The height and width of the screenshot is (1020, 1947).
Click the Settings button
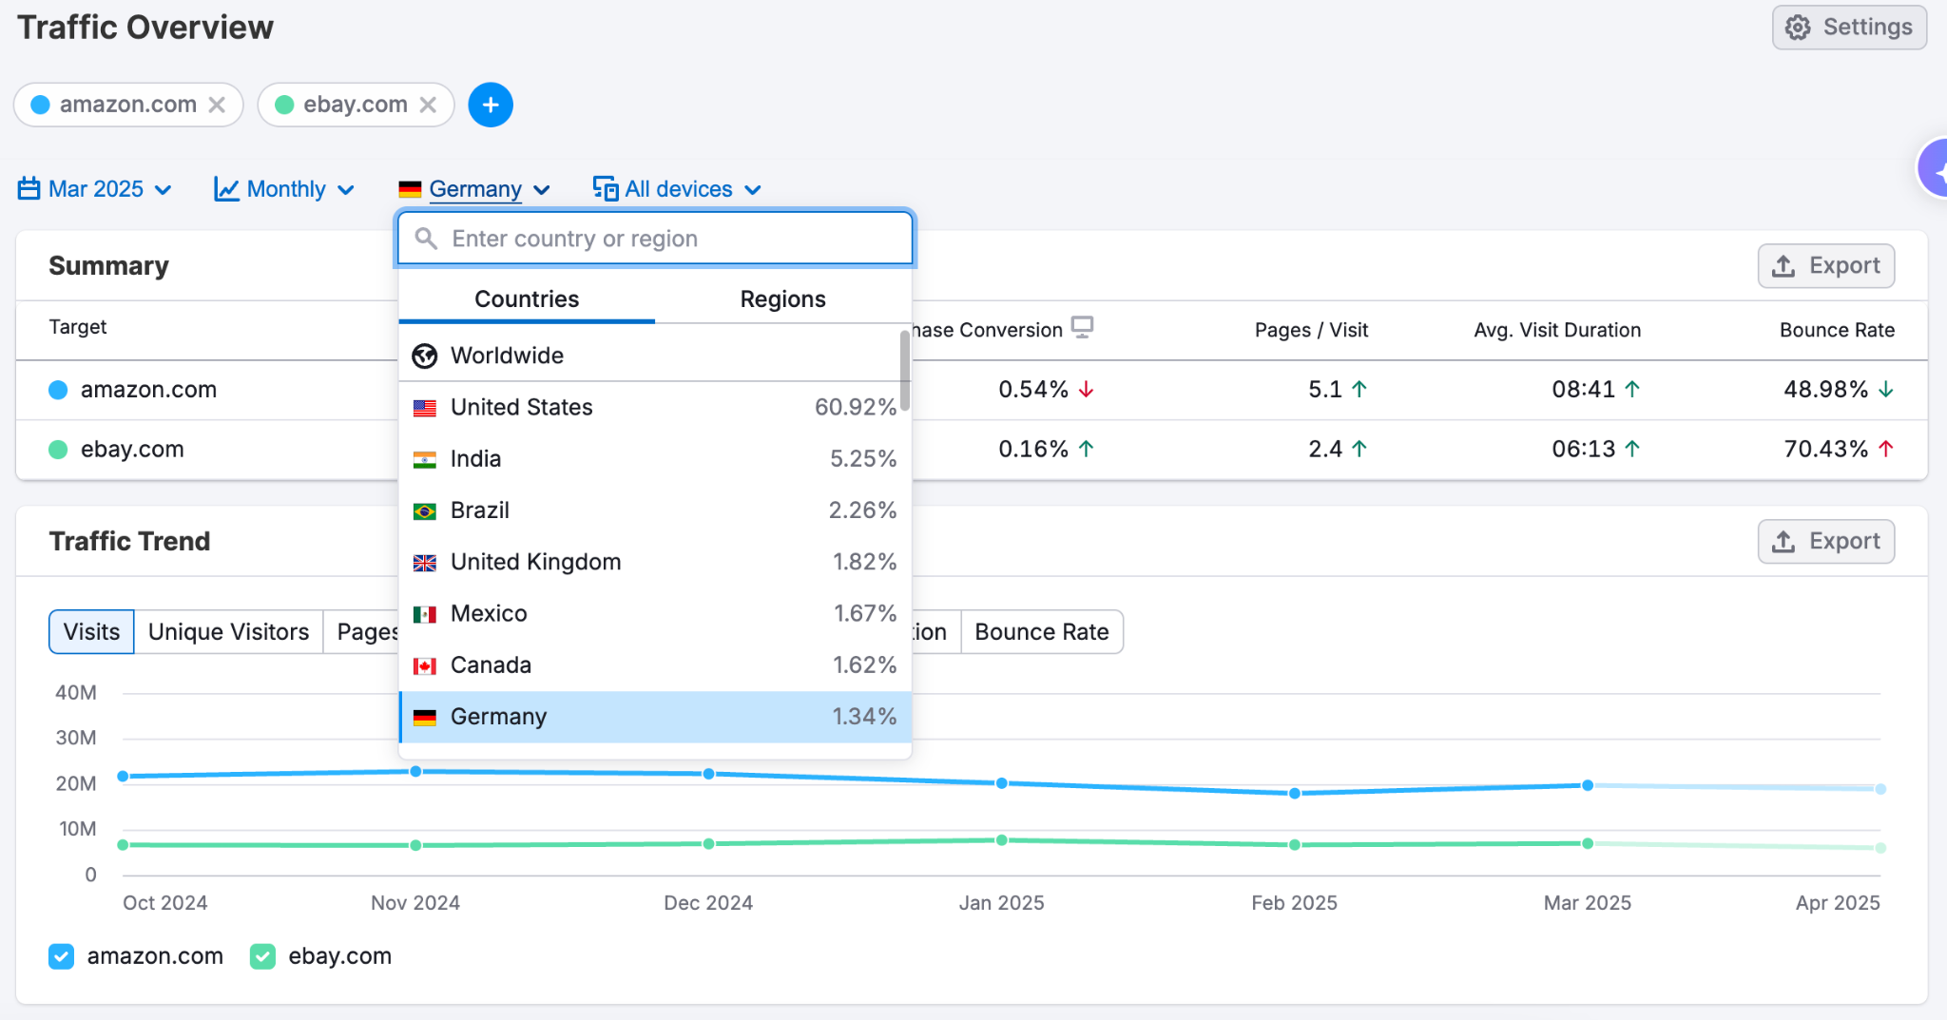pyautogui.click(x=1849, y=28)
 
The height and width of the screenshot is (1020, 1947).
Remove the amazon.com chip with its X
pyautogui.click(x=218, y=105)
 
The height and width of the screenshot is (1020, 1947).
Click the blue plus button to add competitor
pyautogui.click(x=491, y=105)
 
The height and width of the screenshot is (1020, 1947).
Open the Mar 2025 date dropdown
pyautogui.click(x=95, y=189)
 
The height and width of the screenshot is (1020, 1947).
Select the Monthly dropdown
pyautogui.click(x=285, y=189)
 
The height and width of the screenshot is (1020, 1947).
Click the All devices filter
pyautogui.click(x=677, y=189)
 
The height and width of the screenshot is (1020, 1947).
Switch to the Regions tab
pyautogui.click(x=782, y=299)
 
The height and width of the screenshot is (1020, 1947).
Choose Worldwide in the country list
pyautogui.click(x=507, y=356)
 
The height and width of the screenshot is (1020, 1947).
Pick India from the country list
pyautogui.click(x=475, y=459)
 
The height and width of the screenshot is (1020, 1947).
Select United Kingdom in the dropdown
pyautogui.click(x=535, y=562)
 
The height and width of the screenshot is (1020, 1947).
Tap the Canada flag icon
pyautogui.click(x=425, y=665)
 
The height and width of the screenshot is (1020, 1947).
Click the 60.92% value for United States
pyautogui.click(x=855, y=408)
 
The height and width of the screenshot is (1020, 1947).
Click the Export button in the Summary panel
pyautogui.click(x=1825, y=266)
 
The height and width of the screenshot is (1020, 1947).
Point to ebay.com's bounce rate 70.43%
pyautogui.click(x=1825, y=449)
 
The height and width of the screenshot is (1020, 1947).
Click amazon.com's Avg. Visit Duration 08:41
pyautogui.click(x=1583, y=390)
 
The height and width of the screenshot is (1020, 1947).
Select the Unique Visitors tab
pyautogui.click(x=228, y=632)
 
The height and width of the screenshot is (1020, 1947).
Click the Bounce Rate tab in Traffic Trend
pyautogui.click(x=1041, y=632)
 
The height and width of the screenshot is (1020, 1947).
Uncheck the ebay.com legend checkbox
pyautogui.click(x=262, y=956)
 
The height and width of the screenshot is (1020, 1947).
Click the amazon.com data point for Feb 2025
pyautogui.click(x=1294, y=793)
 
